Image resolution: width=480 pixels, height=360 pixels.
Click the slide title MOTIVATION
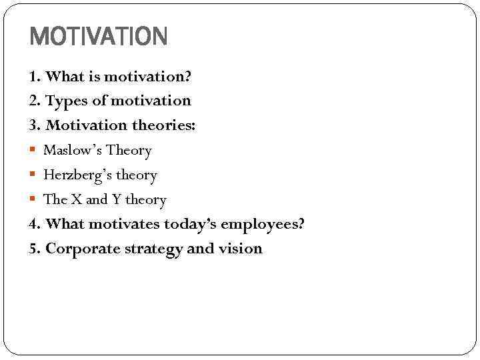pyautogui.click(x=99, y=37)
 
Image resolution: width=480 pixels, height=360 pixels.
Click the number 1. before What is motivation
pyautogui.click(x=35, y=77)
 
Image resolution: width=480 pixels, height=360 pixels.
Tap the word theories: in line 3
pyautogui.click(x=163, y=125)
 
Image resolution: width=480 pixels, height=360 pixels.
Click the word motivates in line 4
pyautogui.click(x=122, y=224)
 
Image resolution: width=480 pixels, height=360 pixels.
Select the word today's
pyautogui.click(x=186, y=225)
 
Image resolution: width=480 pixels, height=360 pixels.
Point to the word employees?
pyautogui.click(x=262, y=225)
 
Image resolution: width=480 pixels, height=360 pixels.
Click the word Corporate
pyautogui.click(x=79, y=249)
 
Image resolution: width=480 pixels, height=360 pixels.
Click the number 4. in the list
pyautogui.click(x=35, y=225)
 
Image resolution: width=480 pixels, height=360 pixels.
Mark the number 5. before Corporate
pyautogui.click(x=35, y=249)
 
